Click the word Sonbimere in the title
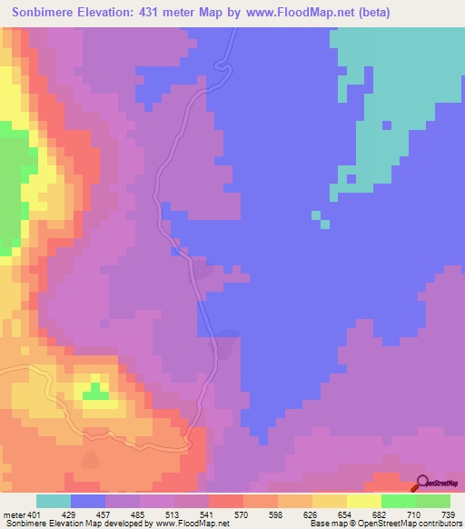point(46,13)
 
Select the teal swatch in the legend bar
point(54,501)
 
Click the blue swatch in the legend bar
point(88,501)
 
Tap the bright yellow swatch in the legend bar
point(364,501)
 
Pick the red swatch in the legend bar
point(226,501)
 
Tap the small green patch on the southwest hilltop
point(94,392)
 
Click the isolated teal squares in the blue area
point(320,219)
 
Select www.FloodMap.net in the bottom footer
point(192,524)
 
